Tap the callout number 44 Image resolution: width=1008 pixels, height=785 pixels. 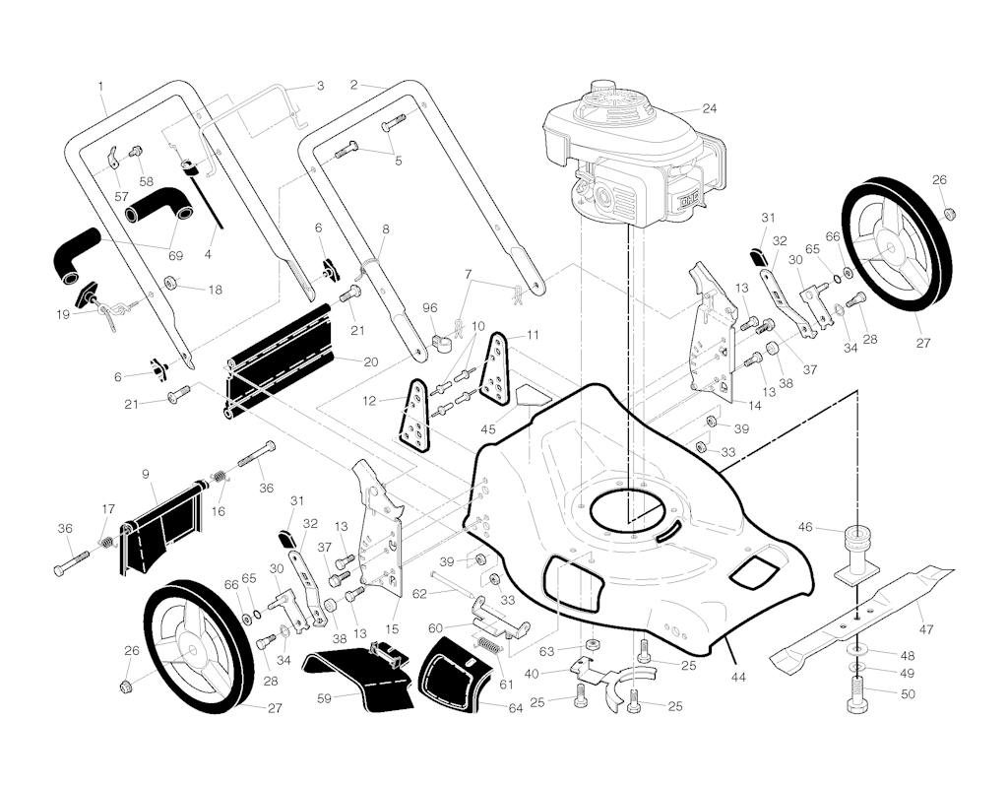click(738, 677)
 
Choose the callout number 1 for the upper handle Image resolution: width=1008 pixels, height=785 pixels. click(100, 86)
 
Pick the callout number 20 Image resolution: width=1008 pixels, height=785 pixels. click(371, 361)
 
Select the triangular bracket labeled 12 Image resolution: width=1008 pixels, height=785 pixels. click(414, 417)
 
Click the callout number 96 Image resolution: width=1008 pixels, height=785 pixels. click(430, 307)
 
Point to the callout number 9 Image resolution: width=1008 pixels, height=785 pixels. click(146, 474)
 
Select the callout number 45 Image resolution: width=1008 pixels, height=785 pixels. click(488, 429)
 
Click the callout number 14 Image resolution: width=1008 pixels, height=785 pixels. click(755, 406)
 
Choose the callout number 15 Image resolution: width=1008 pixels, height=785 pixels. click(391, 628)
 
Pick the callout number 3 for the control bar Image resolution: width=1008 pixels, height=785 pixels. click(320, 86)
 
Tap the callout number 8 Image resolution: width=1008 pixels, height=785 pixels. click(386, 229)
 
